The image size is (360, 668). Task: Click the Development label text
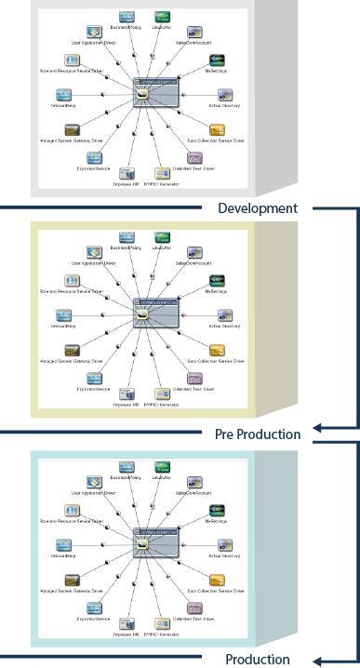click(x=258, y=208)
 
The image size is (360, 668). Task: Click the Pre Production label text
click(x=258, y=434)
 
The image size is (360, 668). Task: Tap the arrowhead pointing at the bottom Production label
click(x=317, y=661)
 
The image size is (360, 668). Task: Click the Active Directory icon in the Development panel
click(x=223, y=96)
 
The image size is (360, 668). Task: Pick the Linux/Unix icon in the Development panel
click(x=164, y=17)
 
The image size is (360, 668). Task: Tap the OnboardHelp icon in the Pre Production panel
click(x=64, y=317)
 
